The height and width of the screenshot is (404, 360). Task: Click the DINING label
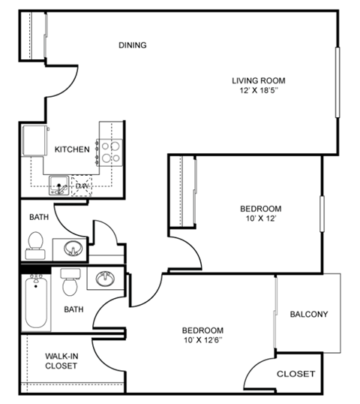[132, 45]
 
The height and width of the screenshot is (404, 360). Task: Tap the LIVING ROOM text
[258, 80]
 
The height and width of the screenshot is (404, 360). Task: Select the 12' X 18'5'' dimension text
[259, 91]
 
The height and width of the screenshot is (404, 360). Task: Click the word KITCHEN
[72, 149]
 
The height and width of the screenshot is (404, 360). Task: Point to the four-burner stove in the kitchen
[111, 152]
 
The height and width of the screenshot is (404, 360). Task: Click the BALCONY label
[308, 314]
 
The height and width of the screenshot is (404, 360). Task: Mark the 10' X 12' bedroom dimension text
[260, 219]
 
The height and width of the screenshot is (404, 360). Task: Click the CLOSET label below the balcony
[296, 373]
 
